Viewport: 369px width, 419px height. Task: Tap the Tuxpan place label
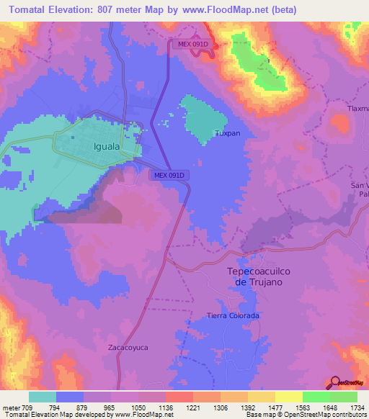tap(228, 133)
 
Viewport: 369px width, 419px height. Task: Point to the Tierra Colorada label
tap(233, 316)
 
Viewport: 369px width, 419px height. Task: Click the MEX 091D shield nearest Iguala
tap(169, 175)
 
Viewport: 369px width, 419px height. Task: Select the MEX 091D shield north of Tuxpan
tap(191, 44)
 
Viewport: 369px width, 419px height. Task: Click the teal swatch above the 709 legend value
tap(43, 397)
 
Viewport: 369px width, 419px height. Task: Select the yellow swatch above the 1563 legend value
tap(288, 397)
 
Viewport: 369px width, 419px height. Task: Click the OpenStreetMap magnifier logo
tap(336, 383)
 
